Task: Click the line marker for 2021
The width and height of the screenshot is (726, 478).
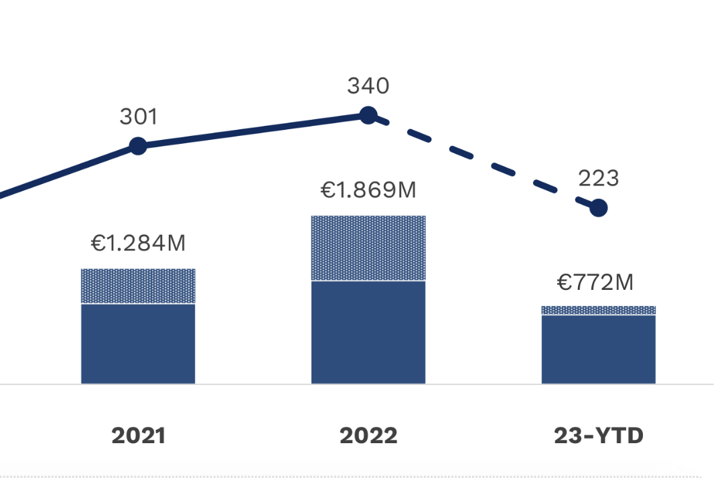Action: click(x=138, y=145)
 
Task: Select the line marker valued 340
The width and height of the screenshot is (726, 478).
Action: click(x=368, y=115)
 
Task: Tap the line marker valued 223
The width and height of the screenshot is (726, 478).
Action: click(x=598, y=208)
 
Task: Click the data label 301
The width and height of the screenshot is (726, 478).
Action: click(x=138, y=117)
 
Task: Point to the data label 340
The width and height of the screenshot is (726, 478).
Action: click(x=368, y=86)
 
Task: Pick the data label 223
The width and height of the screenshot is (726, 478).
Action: click(x=598, y=178)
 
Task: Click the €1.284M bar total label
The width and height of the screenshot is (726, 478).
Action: click(x=138, y=244)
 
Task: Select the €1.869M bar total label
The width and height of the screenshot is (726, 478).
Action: click(x=368, y=191)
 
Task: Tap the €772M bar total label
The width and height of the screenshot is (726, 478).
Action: click(x=595, y=283)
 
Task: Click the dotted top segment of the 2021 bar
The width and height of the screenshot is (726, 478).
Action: click(x=138, y=287)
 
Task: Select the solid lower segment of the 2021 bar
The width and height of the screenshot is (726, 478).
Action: click(x=138, y=344)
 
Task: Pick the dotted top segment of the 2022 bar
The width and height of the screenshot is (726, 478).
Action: click(x=368, y=248)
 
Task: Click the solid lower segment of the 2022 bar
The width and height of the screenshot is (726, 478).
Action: click(x=368, y=333)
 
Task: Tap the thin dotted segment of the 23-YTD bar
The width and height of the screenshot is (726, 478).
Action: click(x=598, y=311)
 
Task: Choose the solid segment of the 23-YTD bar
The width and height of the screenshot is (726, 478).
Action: click(x=598, y=349)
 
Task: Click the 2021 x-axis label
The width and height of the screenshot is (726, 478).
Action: click(x=138, y=436)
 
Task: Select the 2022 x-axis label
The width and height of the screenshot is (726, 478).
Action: click(x=368, y=436)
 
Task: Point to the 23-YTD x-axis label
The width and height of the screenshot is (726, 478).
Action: click(x=598, y=436)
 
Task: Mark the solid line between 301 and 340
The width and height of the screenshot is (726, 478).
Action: click(x=253, y=131)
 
